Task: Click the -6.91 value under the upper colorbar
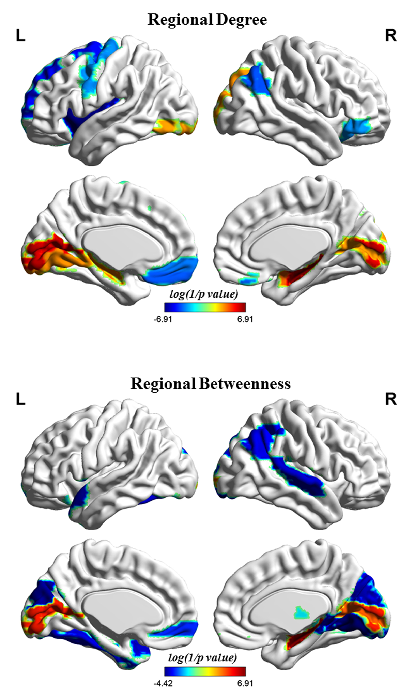[163, 319]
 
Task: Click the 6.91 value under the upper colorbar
[245, 319]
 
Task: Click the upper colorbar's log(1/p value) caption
[204, 294]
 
